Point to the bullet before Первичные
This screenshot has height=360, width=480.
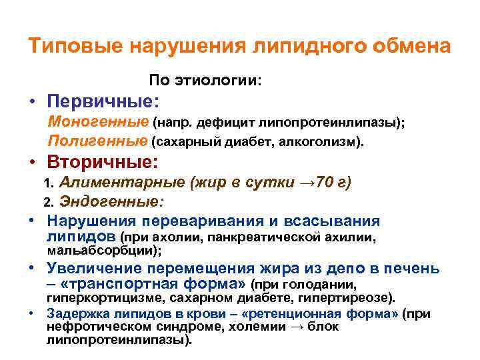32,104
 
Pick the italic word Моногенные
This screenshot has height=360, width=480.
98,123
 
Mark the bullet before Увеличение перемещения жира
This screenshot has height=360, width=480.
32,268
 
